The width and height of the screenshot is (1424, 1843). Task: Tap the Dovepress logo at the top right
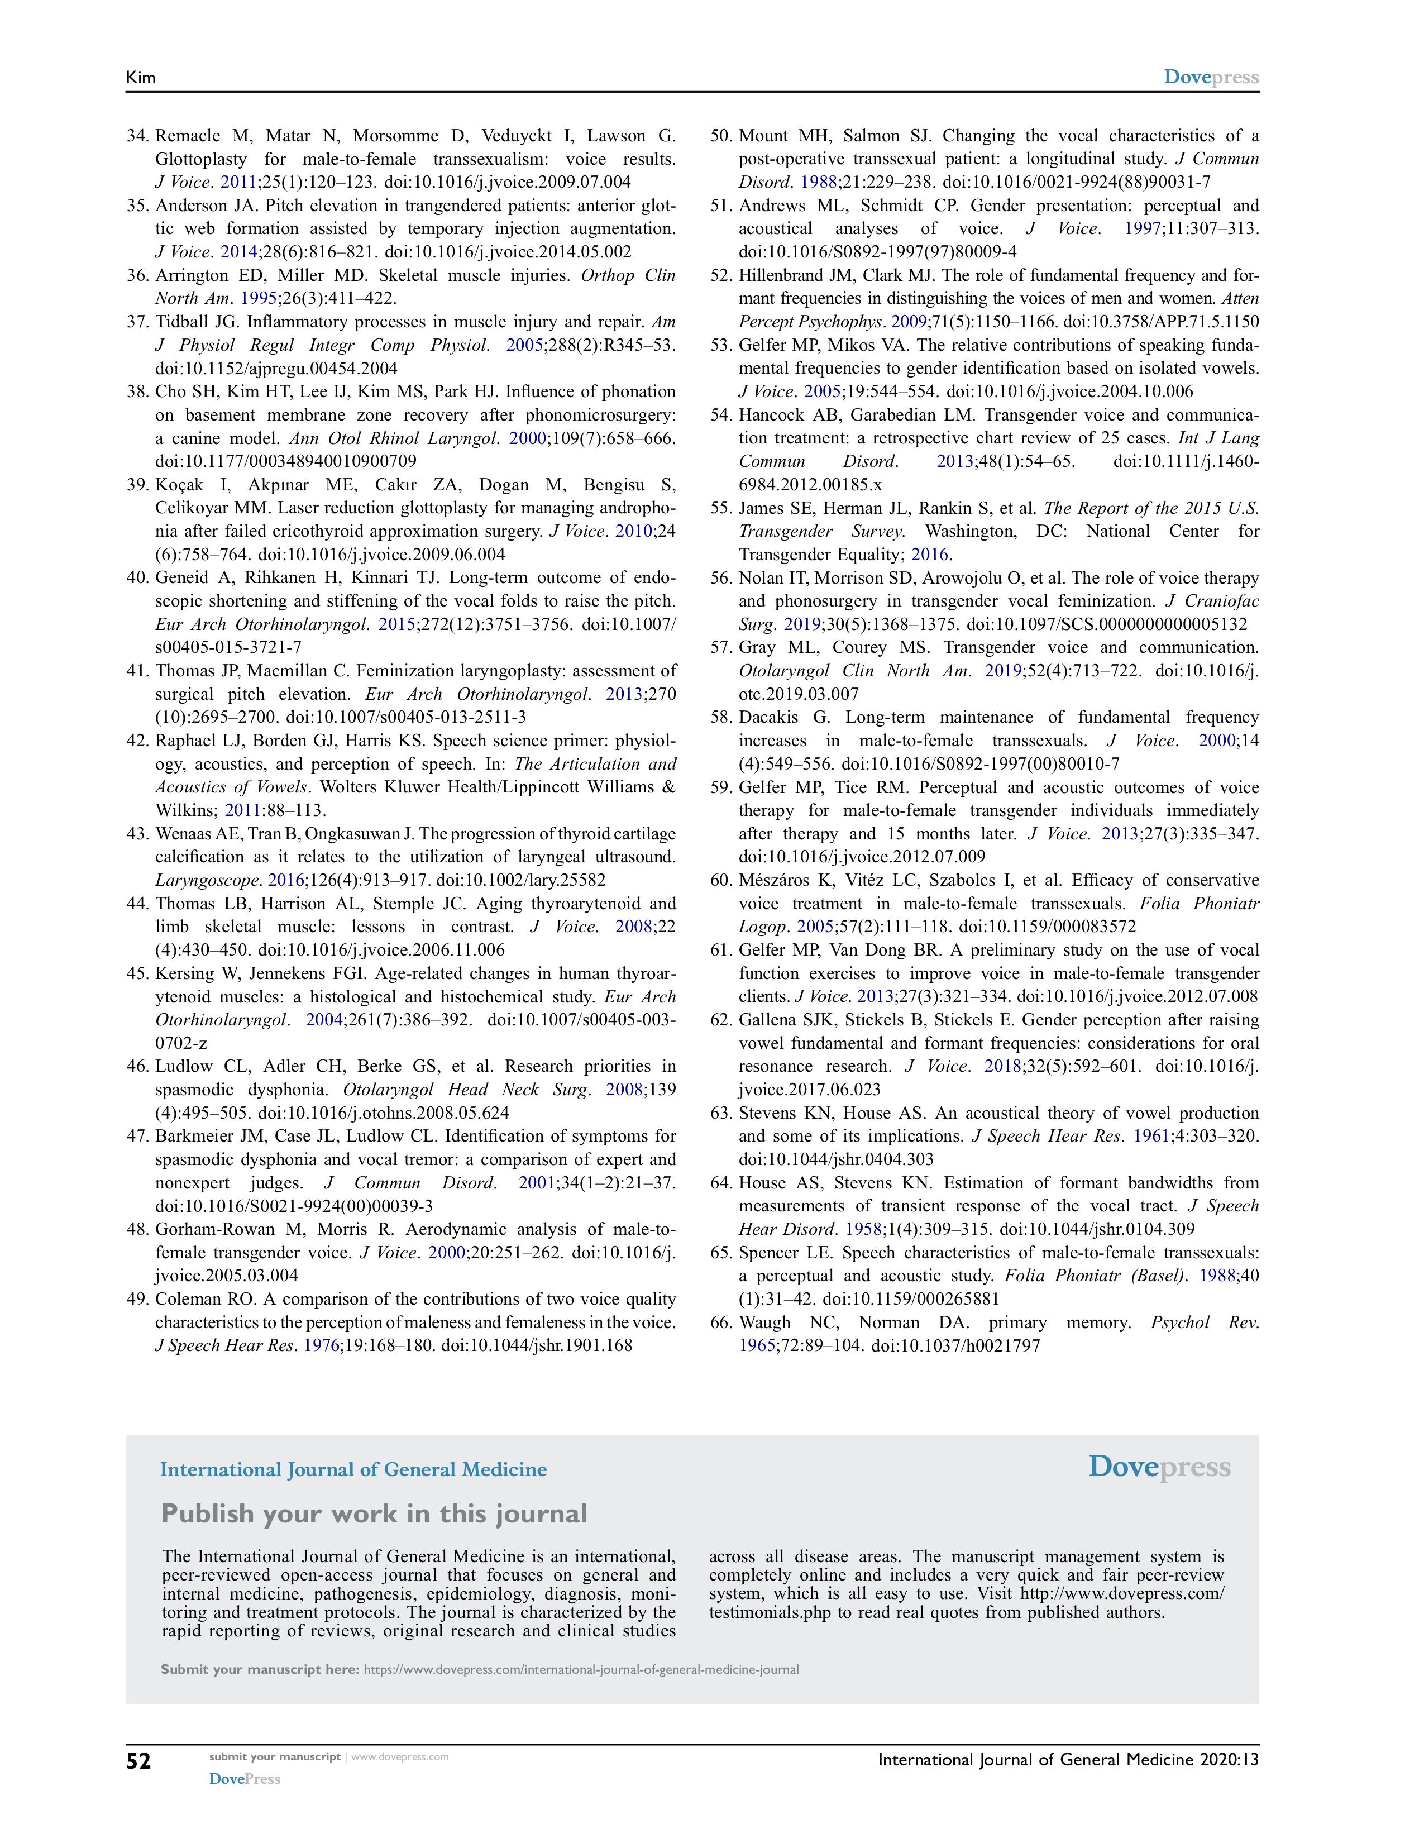coord(1211,78)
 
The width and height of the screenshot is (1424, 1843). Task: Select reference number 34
coord(137,136)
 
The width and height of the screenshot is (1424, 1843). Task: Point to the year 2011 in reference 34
coord(239,182)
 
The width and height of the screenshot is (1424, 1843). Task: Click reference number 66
coord(721,1322)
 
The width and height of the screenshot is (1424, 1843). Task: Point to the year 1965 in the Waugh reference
coord(757,1345)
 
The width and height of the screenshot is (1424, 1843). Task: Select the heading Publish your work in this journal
coord(374,1513)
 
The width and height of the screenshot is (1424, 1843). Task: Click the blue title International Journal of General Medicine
coord(353,1469)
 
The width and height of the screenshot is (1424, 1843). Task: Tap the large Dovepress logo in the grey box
coord(1159,1467)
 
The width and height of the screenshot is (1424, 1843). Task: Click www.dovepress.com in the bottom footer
coord(400,1757)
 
